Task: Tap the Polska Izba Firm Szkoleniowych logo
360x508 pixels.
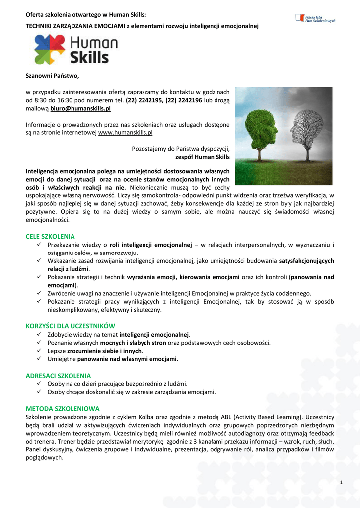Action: coord(315,18)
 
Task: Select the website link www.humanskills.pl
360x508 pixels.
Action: coord(126,133)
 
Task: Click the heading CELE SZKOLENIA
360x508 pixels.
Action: coord(50,237)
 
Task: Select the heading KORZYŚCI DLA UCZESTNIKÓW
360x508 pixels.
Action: coord(71,326)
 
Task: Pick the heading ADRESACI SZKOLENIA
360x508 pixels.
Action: coord(59,376)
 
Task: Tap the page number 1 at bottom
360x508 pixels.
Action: coord(342,483)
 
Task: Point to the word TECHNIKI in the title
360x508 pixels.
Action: coord(40,26)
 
